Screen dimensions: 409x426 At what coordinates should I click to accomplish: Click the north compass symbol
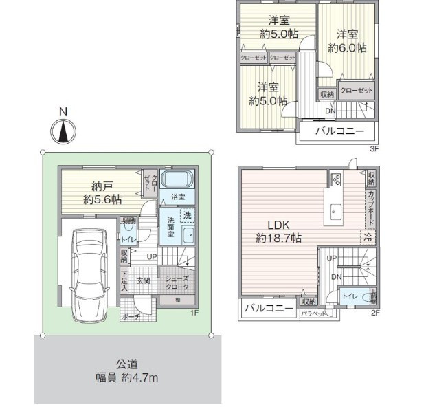[64, 130]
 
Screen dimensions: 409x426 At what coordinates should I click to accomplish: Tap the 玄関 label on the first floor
[143, 280]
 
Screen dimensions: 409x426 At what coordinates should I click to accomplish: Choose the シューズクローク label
[175, 280]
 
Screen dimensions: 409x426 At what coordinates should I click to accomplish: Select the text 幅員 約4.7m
[128, 377]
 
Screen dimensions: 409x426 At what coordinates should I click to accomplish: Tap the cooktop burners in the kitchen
[337, 180]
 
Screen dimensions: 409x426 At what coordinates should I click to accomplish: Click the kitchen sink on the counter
[336, 210]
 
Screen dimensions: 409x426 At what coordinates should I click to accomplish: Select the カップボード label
[371, 208]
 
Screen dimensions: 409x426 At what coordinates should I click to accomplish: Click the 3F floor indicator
[374, 148]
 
